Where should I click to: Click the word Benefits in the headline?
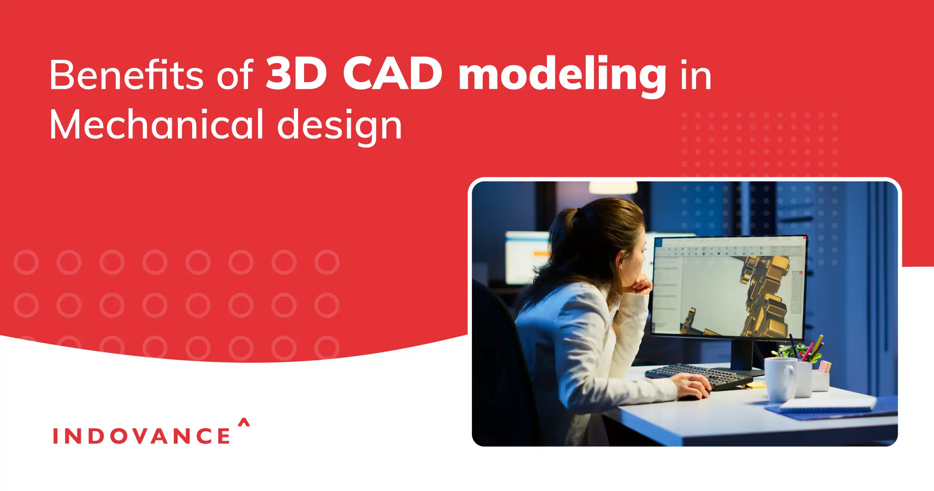pos(126,75)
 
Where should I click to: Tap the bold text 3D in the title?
pos(296,74)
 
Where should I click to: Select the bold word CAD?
pos(392,74)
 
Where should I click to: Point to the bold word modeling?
pos(562,75)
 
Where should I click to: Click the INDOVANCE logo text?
pos(141,436)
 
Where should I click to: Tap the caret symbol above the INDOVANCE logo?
pos(244,422)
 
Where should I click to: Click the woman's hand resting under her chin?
pos(640,286)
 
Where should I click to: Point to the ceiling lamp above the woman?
pos(613,187)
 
